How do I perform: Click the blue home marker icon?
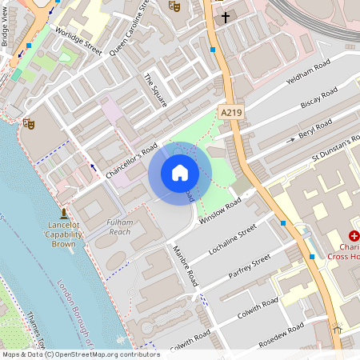point(180,172)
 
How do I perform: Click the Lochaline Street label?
point(233,238)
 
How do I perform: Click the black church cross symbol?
point(226,16)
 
